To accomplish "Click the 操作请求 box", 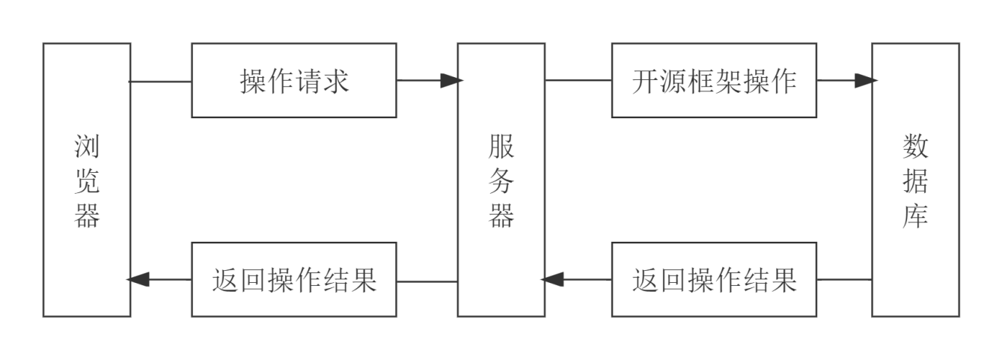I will point(294,81).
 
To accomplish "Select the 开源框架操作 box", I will point(714,81).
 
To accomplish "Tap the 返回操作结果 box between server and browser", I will point(294,280).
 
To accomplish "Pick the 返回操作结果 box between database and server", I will point(714,280).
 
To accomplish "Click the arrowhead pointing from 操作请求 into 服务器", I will point(450,81).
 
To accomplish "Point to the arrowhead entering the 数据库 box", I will point(866,81).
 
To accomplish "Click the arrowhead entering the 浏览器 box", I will point(138,280).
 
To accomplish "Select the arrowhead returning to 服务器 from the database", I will point(552,280).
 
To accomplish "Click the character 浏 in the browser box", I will point(87,147).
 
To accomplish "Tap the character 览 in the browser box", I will point(87,182).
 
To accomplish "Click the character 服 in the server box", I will point(501,147).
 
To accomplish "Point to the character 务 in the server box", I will point(501,182).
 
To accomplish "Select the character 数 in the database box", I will point(915,147).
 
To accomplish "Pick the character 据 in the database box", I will point(915,182).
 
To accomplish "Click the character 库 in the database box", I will point(915,216).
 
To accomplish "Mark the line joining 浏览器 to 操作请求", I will point(161,81).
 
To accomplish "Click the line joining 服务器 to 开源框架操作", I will point(578,80).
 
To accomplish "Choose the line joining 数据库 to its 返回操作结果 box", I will point(844,280).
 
